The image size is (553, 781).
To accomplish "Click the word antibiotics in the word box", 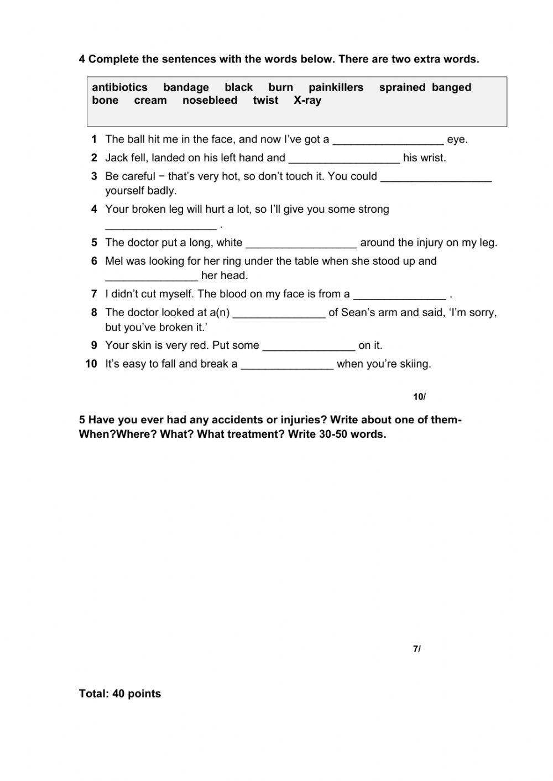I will point(119,87).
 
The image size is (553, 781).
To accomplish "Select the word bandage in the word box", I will point(186,87).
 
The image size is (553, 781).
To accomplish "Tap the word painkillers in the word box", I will point(336,87).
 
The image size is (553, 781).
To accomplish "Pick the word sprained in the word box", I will point(402,87).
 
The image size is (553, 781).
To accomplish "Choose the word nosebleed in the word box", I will point(210,101).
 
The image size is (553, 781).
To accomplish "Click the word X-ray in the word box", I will point(307,101).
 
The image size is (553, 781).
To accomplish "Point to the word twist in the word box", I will point(265,101).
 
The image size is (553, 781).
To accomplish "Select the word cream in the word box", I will point(150,101).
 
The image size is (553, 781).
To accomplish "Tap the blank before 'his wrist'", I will point(344,159).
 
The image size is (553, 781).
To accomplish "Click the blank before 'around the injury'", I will point(301,243).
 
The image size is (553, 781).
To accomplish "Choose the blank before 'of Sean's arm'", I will point(279,313).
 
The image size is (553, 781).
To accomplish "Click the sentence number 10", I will point(91,364).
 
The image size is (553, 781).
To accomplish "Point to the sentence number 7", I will point(94,294).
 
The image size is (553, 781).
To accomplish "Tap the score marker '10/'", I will point(419,397).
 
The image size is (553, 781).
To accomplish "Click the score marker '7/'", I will point(416,649).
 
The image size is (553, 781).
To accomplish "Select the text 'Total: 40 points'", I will point(120,694).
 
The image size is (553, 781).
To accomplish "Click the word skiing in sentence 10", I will point(414,364).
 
